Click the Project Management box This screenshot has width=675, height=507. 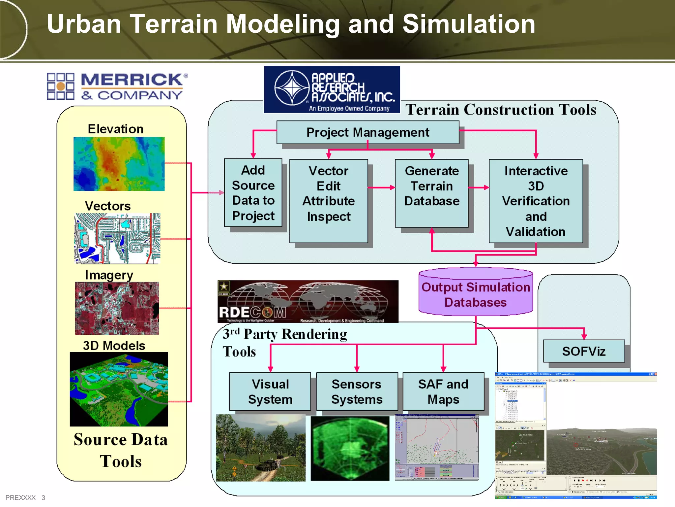(367, 132)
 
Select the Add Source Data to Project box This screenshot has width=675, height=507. (253, 193)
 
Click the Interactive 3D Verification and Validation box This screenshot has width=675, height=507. (536, 201)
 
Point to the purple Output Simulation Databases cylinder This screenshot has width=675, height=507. (476, 294)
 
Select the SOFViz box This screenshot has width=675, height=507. (584, 351)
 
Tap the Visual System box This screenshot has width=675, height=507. (270, 391)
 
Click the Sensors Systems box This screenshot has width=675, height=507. (357, 391)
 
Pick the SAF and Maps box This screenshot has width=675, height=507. (443, 391)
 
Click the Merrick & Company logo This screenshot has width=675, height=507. (117, 86)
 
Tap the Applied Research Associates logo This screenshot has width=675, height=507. (332, 89)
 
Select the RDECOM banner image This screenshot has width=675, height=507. (308, 301)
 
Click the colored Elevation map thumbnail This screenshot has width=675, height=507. (119, 164)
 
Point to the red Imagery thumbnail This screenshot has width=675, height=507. (117, 308)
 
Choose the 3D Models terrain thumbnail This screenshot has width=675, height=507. (119, 389)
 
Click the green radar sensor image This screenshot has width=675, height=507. (350, 448)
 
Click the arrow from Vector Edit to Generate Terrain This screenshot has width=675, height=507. (381, 187)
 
